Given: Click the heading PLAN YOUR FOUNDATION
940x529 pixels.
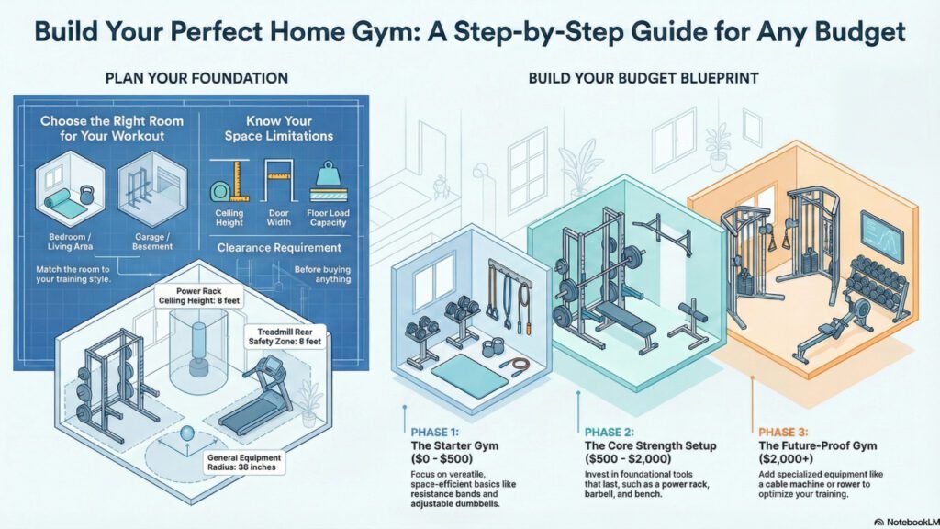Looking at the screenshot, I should pos(196,78).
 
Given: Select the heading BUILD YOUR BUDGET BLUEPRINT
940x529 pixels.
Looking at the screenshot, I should pos(643,78).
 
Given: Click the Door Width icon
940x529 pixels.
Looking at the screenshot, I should pos(277,182).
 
